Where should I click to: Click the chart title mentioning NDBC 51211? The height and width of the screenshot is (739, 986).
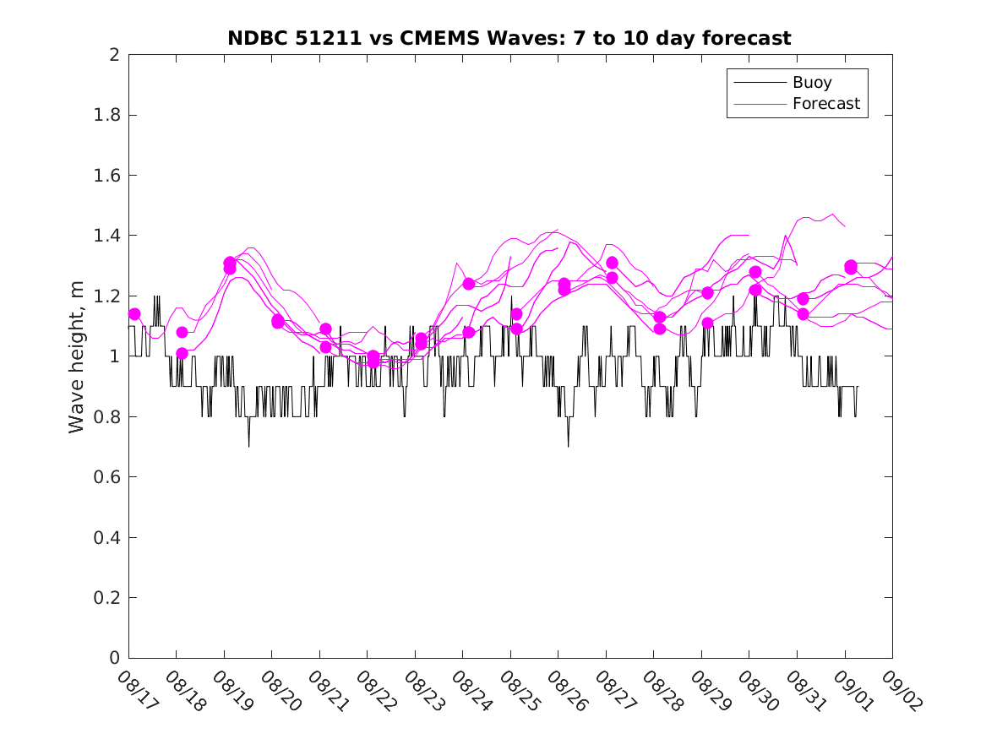coord(509,38)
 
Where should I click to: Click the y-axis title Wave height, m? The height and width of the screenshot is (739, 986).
coord(77,356)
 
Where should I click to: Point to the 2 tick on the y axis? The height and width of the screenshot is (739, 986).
coord(112,55)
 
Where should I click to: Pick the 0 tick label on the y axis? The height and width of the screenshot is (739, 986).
coord(112,658)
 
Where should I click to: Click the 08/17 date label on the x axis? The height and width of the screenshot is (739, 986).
coord(134,691)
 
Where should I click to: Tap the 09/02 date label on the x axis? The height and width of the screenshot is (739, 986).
coord(898,691)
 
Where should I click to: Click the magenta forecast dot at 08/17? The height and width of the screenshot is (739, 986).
coord(134,314)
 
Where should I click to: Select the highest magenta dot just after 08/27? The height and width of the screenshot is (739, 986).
coord(612,263)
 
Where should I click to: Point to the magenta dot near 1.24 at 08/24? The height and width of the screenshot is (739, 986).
coord(468,284)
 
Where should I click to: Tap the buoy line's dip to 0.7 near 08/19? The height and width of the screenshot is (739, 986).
coord(248,446)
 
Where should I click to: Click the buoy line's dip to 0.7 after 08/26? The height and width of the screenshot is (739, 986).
coord(568,446)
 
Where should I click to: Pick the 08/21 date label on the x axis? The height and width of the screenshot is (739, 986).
coord(325,691)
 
